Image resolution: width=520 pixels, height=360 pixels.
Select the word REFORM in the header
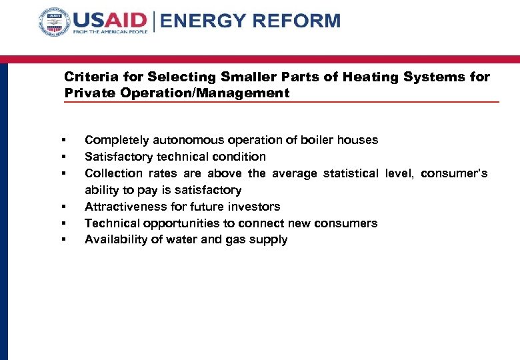coord(294,21)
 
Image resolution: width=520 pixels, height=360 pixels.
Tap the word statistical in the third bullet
coord(351,173)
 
